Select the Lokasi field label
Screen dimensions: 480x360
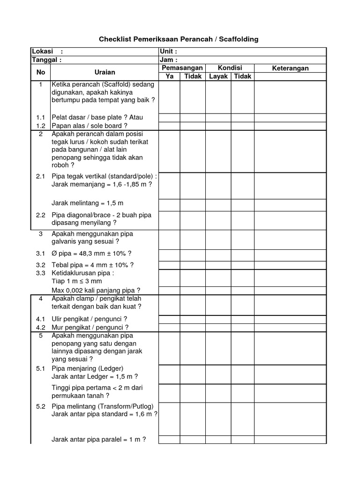(42, 51)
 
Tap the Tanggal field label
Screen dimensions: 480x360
(46, 60)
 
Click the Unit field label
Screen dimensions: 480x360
(168, 51)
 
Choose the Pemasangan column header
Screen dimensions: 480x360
(182, 68)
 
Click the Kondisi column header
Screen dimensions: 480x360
(230, 68)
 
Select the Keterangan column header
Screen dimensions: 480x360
(290, 68)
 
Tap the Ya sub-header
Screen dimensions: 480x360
(170, 76)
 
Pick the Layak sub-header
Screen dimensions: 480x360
(218, 76)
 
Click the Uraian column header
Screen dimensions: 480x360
(105, 72)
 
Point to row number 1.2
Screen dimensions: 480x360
(41, 126)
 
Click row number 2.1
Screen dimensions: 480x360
(41, 176)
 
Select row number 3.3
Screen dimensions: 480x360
(41, 273)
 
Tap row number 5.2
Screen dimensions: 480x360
(41, 406)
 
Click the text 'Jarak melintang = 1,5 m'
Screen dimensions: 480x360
(88, 203)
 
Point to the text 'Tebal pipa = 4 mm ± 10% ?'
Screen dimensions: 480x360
(93, 265)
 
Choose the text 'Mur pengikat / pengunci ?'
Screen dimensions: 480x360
(90, 327)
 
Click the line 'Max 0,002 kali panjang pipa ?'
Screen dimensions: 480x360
(96, 290)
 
